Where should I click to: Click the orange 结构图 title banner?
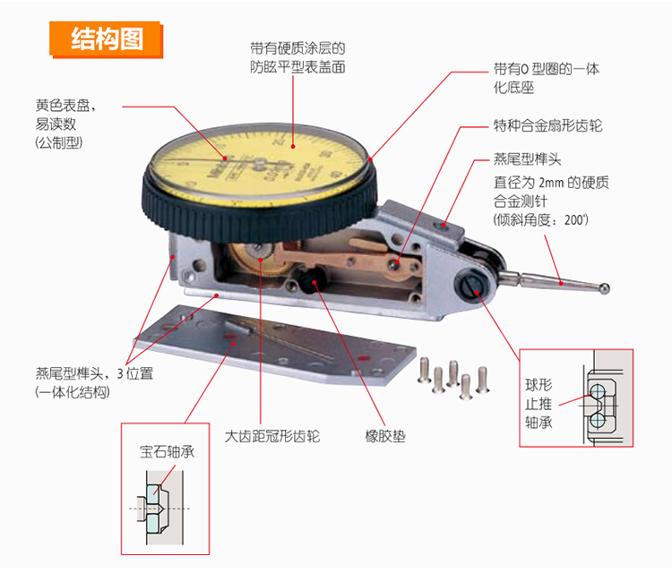(x=106, y=39)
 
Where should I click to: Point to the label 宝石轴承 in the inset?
(x=167, y=452)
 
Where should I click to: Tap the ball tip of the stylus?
(x=605, y=287)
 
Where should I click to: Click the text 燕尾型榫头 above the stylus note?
(x=527, y=160)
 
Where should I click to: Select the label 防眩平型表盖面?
(x=297, y=67)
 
